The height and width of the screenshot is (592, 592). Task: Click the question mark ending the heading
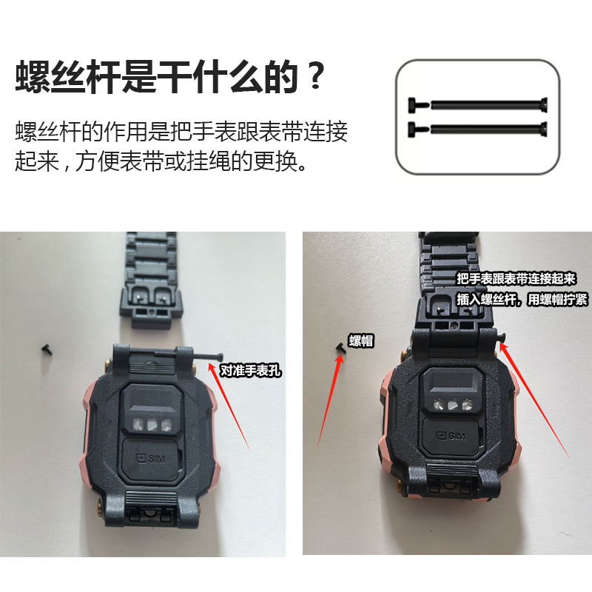tap(315, 77)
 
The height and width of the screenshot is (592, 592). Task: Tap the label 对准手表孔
tap(252, 370)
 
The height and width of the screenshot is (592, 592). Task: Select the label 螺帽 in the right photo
tap(361, 341)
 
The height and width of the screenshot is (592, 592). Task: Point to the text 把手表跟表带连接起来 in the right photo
tap(517, 279)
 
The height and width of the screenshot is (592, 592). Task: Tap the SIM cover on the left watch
tap(154, 460)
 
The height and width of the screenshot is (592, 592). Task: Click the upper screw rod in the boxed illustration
tap(478, 104)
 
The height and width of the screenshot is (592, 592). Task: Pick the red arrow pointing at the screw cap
tap(329, 400)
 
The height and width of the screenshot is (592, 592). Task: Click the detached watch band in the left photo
tap(155, 281)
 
